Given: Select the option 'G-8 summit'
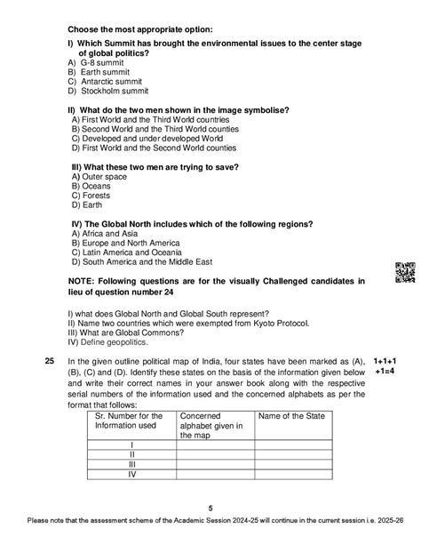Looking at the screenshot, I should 99,64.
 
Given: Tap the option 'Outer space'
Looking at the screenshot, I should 101,177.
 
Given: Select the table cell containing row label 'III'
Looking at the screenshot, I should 131,462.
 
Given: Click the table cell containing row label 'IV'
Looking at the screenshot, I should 131,474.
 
